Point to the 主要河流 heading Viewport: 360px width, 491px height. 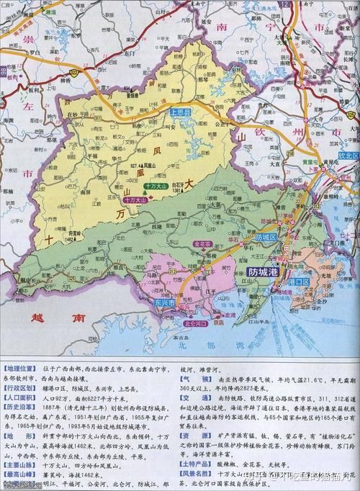[x=19, y=469]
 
